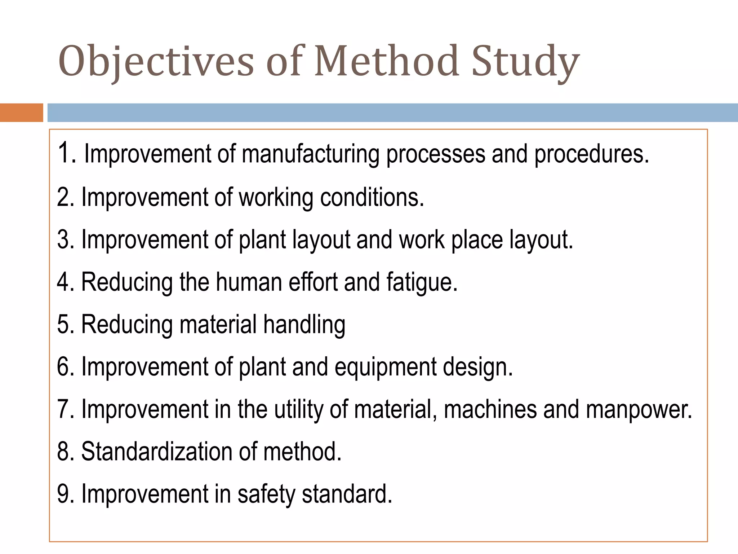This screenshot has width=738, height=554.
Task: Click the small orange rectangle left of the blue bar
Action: (21, 113)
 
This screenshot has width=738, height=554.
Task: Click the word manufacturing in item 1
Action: (310, 154)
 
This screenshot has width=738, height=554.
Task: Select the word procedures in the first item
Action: (591, 154)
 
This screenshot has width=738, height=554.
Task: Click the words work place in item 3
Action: (450, 239)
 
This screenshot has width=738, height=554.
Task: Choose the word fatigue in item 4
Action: (422, 282)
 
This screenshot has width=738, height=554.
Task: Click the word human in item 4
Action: (249, 282)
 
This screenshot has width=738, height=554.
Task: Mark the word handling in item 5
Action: (304, 325)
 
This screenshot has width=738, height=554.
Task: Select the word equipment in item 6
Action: (386, 368)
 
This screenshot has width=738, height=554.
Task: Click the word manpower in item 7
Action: (639, 410)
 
